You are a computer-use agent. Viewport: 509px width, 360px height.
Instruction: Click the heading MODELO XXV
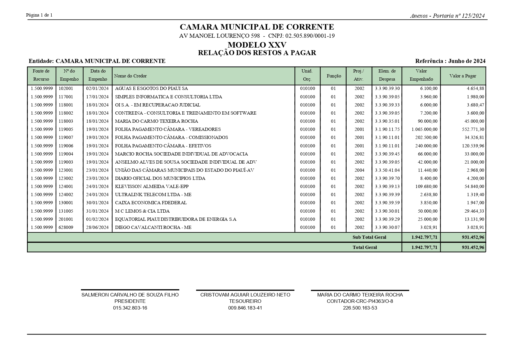[257, 45]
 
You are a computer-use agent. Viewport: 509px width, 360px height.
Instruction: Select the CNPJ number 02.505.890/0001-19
[310, 36]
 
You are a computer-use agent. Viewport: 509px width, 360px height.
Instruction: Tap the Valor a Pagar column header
[463, 76]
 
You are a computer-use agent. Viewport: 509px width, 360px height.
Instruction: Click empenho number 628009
[66, 227]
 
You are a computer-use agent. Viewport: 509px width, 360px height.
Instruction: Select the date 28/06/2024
[97, 227]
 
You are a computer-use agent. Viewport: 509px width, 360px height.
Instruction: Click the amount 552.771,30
[473, 129]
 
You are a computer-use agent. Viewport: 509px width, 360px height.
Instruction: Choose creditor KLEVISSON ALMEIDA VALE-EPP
[152, 187]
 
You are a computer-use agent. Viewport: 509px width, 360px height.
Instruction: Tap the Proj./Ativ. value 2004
[359, 170]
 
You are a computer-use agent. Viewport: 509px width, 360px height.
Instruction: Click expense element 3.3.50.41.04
[387, 170]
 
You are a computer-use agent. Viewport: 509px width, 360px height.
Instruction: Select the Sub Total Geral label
[369, 237]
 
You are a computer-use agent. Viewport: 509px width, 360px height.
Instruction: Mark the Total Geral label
[365, 247]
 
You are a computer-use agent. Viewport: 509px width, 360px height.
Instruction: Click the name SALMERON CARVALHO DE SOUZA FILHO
[130, 295]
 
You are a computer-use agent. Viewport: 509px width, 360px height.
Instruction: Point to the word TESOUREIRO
[245, 301]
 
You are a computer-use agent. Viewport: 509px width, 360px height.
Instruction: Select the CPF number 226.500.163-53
[360, 308]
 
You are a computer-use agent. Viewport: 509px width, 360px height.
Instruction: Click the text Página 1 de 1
[39, 15]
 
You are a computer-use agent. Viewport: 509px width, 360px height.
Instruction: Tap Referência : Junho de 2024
[450, 61]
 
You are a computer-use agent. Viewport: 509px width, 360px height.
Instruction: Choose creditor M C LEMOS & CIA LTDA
[142, 211]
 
